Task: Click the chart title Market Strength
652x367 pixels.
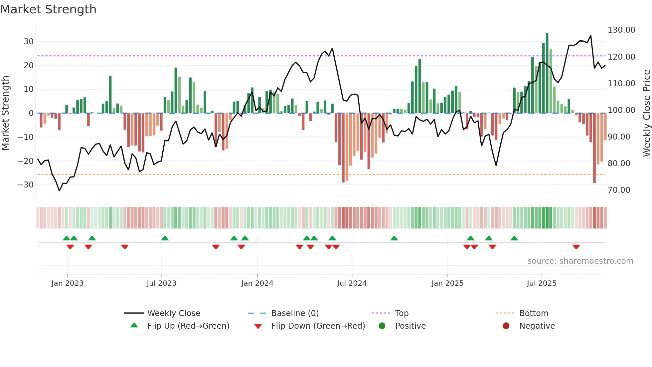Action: (x=48, y=9)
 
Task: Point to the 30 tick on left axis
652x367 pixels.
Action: (x=29, y=42)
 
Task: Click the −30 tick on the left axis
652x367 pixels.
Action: (x=26, y=185)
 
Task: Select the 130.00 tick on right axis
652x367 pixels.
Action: (x=621, y=30)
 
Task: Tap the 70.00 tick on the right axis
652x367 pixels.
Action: (x=619, y=190)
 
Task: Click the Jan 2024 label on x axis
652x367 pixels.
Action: (x=257, y=283)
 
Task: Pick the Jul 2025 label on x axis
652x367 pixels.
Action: (x=542, y=283)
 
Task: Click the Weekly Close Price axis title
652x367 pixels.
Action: (x=646, y=113)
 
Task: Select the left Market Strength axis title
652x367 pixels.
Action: (x=5, y=113)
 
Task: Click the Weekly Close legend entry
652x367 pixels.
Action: (x=173, y=313)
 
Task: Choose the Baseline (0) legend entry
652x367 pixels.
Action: (x=295, y=313)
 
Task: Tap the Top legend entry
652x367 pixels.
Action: (x=402, y=313)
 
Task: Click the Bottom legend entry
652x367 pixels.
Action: (x=534, y=313)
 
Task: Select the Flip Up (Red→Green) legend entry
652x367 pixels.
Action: (x=188, y=326)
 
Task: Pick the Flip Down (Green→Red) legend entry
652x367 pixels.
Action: (x=318, y=326)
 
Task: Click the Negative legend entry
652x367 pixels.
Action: (x=537, y=326)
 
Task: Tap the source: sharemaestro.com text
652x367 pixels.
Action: (x=580, y=261)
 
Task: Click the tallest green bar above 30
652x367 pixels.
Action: (x=547, y=73)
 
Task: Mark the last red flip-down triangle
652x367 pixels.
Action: (x=576, y=247)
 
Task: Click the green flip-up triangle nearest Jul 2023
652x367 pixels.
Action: (x=165, y=238)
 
